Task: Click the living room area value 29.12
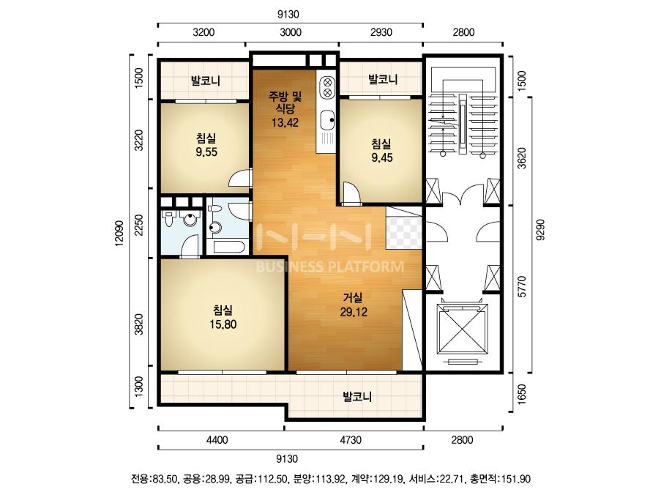pos(354,312)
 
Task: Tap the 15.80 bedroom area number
pos(223,324)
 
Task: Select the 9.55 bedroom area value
pos(206,152)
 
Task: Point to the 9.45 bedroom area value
pos(382,157)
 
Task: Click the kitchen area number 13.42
pos(285,123)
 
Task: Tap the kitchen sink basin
pos(327,119)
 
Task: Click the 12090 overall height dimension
pos(119,233)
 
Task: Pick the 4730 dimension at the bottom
pos(351,440)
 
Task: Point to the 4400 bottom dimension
pos(217,440)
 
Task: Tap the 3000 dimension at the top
pos(291,32)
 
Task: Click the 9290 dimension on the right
pos(540,230)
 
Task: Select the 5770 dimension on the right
pos(523,287)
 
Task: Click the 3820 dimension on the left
pos(138,324)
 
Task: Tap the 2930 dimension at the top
pos(381,32)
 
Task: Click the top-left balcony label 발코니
pos(205,81)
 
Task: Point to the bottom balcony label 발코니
pos(357,397)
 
